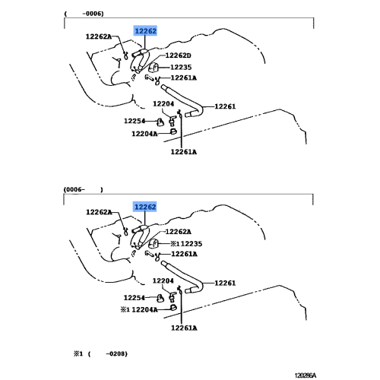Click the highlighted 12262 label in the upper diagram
pos(145,31)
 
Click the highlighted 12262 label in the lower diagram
pos(145,207)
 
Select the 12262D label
pos(178,55)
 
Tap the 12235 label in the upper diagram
pos(181,67)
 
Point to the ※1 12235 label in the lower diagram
pos(186,244)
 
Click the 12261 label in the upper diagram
pos(225,106)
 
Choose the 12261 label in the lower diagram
pos(225,283)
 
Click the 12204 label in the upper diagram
pos(163,103)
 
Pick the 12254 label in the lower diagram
pos(135,298)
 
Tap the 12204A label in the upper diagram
pos(144,134)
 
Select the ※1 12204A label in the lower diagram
pos(139,309)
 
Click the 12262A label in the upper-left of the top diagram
pos(99,36)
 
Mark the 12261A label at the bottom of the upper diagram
pos(184,152)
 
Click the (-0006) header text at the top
pos(84,14)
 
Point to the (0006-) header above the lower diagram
pos(84,189)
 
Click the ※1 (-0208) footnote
pos(100,353)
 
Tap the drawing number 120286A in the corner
pos(306,375)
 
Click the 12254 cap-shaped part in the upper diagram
pos(160,122)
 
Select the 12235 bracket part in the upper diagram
pos(154,68)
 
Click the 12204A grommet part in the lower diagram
pos(173,308)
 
